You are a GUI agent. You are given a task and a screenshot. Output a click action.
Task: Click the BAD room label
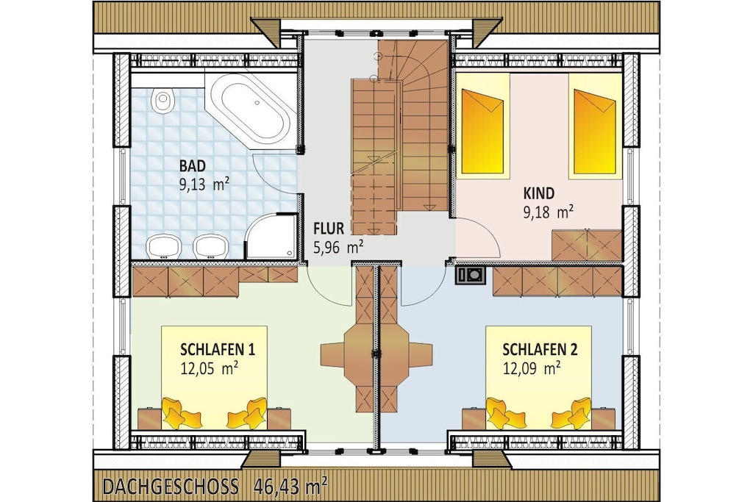pyautogui.click(x=193, y=166)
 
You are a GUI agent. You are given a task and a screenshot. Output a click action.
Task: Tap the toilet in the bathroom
pyautogui.click(x=163, y=101)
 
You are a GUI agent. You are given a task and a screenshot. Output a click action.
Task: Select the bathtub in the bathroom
pyautogui.click(x=250, y=110)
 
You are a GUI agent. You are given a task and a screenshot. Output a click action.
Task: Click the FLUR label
pyautogui.click(x=329, y=228)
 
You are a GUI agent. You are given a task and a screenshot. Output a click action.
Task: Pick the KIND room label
pyautogui.click(x=538, y=193)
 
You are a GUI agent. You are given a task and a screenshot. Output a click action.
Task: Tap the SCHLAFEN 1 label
pyautogui.click(x=218, y=349)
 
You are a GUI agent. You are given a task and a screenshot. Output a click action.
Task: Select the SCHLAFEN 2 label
pyautogui.click(x=540, y=349)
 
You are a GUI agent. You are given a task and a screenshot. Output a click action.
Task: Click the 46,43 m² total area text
pyautogui.click(x=290, y=486)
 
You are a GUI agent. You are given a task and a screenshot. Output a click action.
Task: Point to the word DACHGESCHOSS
pyautogui.click(x=171, y=487)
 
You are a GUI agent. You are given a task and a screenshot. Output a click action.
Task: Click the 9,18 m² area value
pyautogui.click(x=548, y=212)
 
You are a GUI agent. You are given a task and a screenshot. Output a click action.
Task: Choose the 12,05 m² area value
pyautogui.click(x=210, y=368)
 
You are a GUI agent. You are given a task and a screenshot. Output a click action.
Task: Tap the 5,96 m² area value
pyautogui.click(x=338, y=247)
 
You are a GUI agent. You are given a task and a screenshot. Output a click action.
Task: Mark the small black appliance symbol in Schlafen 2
pyautogui.click(x=471, y=275)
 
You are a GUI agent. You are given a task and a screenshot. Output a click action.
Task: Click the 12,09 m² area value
pyautogui.click(x=532, y=368)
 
